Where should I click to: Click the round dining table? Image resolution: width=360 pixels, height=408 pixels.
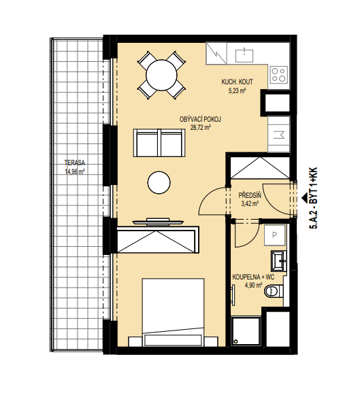(161, 75)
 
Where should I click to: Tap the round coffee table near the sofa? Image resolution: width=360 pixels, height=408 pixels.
(159, 183)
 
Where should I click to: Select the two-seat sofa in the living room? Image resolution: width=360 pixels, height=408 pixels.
(159, 143)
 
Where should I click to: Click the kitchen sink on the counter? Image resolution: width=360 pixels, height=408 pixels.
(244, 55)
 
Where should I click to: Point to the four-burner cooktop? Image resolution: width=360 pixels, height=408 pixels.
(279, 74)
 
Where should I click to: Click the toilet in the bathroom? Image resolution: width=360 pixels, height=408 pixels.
(274, 291)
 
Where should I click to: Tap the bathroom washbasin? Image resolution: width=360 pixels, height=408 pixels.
(279, 260)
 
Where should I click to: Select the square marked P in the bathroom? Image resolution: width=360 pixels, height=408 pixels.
(274, 235)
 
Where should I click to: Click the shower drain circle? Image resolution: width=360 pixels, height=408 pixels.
(236, 341)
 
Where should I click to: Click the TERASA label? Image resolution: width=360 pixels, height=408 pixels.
(75, 163)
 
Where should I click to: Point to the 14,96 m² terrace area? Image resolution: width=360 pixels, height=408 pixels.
(75, 172)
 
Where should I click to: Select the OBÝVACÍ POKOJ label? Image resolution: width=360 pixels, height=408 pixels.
(200, 120)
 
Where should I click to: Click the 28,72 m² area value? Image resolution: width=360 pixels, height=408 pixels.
(200, 128)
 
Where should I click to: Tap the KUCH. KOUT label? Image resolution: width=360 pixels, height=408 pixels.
(237, 82)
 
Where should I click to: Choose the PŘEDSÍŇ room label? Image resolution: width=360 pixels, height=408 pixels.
(250, 194)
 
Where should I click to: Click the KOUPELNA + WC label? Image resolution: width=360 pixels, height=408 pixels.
(253, 277)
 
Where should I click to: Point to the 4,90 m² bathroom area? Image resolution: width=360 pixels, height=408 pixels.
(253, 286)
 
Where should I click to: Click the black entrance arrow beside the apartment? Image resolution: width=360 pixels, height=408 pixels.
(304, 199)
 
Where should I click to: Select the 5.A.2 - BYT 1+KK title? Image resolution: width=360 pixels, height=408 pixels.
(313, 198)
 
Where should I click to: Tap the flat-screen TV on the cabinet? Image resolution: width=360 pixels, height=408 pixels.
(158, 222)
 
